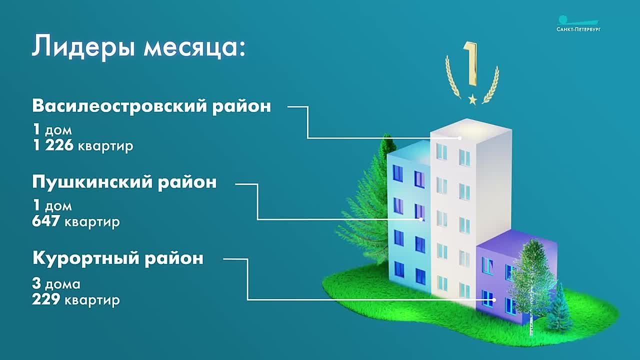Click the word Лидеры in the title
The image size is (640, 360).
(x=83, y=47)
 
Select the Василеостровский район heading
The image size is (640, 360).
(x=151, y=106)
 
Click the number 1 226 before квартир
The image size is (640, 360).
(x=53, y=145)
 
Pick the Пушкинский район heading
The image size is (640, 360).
(x=124, y=182)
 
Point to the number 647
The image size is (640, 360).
(x=46, y=221)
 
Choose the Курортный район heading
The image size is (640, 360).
(x=118, y=258)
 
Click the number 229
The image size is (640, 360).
(x=46, y=299)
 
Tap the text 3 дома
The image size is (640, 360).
(x=56, y=283)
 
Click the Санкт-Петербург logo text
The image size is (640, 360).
(x=578, y=29)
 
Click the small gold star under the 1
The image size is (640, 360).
(x=472, y=99)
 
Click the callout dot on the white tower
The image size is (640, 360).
(x=459, y=138)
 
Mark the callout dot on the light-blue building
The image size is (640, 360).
(x=421, y=219)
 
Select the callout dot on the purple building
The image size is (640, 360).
(x=494, y=300)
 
